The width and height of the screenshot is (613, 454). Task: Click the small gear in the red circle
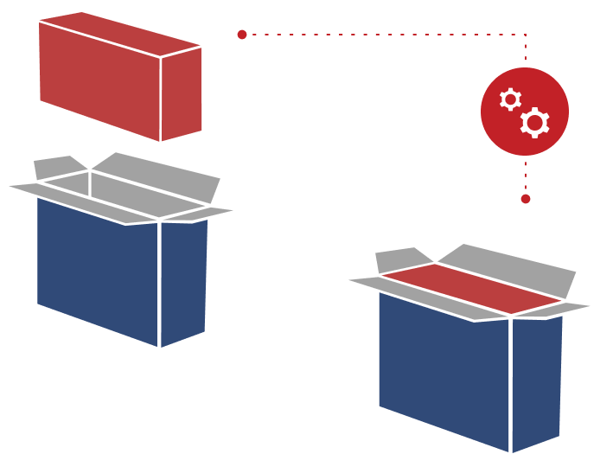pyautogui.click(x=510, y=99)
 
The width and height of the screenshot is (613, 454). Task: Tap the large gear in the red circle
pyautogui.click(x=534, y=123)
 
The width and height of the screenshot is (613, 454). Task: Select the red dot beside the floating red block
pyautogui.click(x=242, y=35)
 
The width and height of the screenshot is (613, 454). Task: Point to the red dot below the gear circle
pyautogui.click(x=525, y=199)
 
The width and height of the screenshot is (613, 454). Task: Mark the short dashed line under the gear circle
pyautogui.click(x=525, y=175)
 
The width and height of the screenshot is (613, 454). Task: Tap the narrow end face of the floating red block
pyautogui.click(x=182, y=93)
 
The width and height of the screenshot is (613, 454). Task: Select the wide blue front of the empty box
pyautogui.click(x=98, y=268)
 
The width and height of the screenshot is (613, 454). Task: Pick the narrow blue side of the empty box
pyautogui.click(x=183, y=281)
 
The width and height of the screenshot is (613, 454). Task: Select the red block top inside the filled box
pyautogui.click(x=471, y=288)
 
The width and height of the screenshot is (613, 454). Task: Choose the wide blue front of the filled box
pyautogui.click(x=444, y=368)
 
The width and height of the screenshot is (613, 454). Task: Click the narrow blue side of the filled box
pyautogui.click(x=536, y=380)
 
